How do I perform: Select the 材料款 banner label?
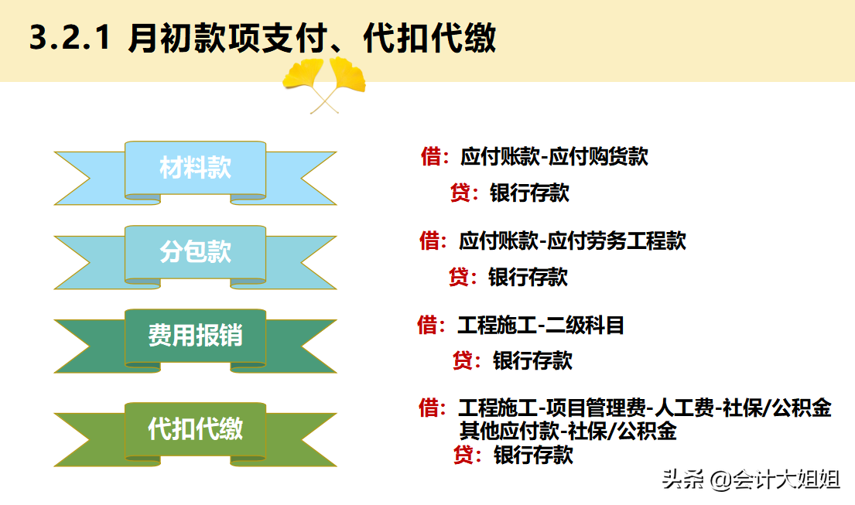click(x=195, y=168)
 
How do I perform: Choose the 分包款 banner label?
click(x=195, y=252)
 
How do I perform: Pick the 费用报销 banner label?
click(x=195, y=336)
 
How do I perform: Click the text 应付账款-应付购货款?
click(x=554, y=157)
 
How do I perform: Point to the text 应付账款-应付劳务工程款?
click(x=573, y=241)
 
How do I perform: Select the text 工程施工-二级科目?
click(x=541, y=326)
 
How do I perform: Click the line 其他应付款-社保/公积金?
click(x=567, y=432)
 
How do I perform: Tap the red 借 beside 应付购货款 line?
click(x=431, y=157)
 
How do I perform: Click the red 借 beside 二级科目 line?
click(x=428, y=326)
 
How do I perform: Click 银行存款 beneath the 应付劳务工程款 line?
click(x=528, y=277)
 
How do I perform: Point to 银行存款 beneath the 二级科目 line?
click(x=532, y=360)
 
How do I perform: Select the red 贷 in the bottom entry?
click(x=463, y=455)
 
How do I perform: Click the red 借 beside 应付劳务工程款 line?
click(x=429, y=241)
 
